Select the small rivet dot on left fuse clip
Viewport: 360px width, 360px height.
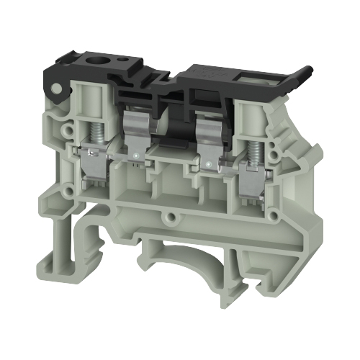[137, 153]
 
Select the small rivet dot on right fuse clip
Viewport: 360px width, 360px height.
[207, 164]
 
